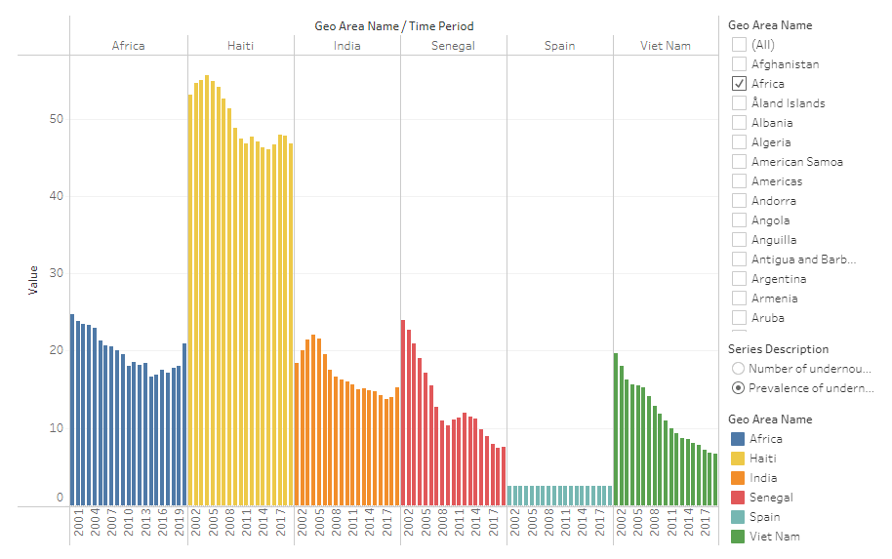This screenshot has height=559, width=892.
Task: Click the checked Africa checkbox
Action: pos(740,84)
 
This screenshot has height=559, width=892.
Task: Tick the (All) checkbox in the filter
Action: pos(740,45)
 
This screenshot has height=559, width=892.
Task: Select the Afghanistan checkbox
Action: pos(740,64)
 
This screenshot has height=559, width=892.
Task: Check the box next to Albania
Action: pos(740,123)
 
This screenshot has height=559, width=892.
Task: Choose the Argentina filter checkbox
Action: pos(740,279)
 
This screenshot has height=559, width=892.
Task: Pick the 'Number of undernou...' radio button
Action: pos(739,369)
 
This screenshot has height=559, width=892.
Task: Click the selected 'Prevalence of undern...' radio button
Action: pos(739,388)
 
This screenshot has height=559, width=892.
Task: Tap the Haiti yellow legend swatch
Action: pos(739,459)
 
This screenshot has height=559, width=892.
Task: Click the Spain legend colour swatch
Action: pos(739,517)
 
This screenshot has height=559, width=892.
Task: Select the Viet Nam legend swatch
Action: pos(739,537)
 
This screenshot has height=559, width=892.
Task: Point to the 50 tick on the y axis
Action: pos(58,119)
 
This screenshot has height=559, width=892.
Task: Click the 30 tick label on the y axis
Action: pos(58,273)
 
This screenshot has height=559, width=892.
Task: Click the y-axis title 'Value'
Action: pos(33,280)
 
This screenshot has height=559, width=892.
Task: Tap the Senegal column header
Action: pos(453,46)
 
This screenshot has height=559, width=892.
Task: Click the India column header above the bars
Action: pos(346,46)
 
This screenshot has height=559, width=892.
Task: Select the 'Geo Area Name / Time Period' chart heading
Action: pos(394,26)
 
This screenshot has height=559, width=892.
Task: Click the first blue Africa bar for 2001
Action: pos(72,410)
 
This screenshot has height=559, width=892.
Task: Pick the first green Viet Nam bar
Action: pos(616,429)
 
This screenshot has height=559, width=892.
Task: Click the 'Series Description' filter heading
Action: pos(778,349)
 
